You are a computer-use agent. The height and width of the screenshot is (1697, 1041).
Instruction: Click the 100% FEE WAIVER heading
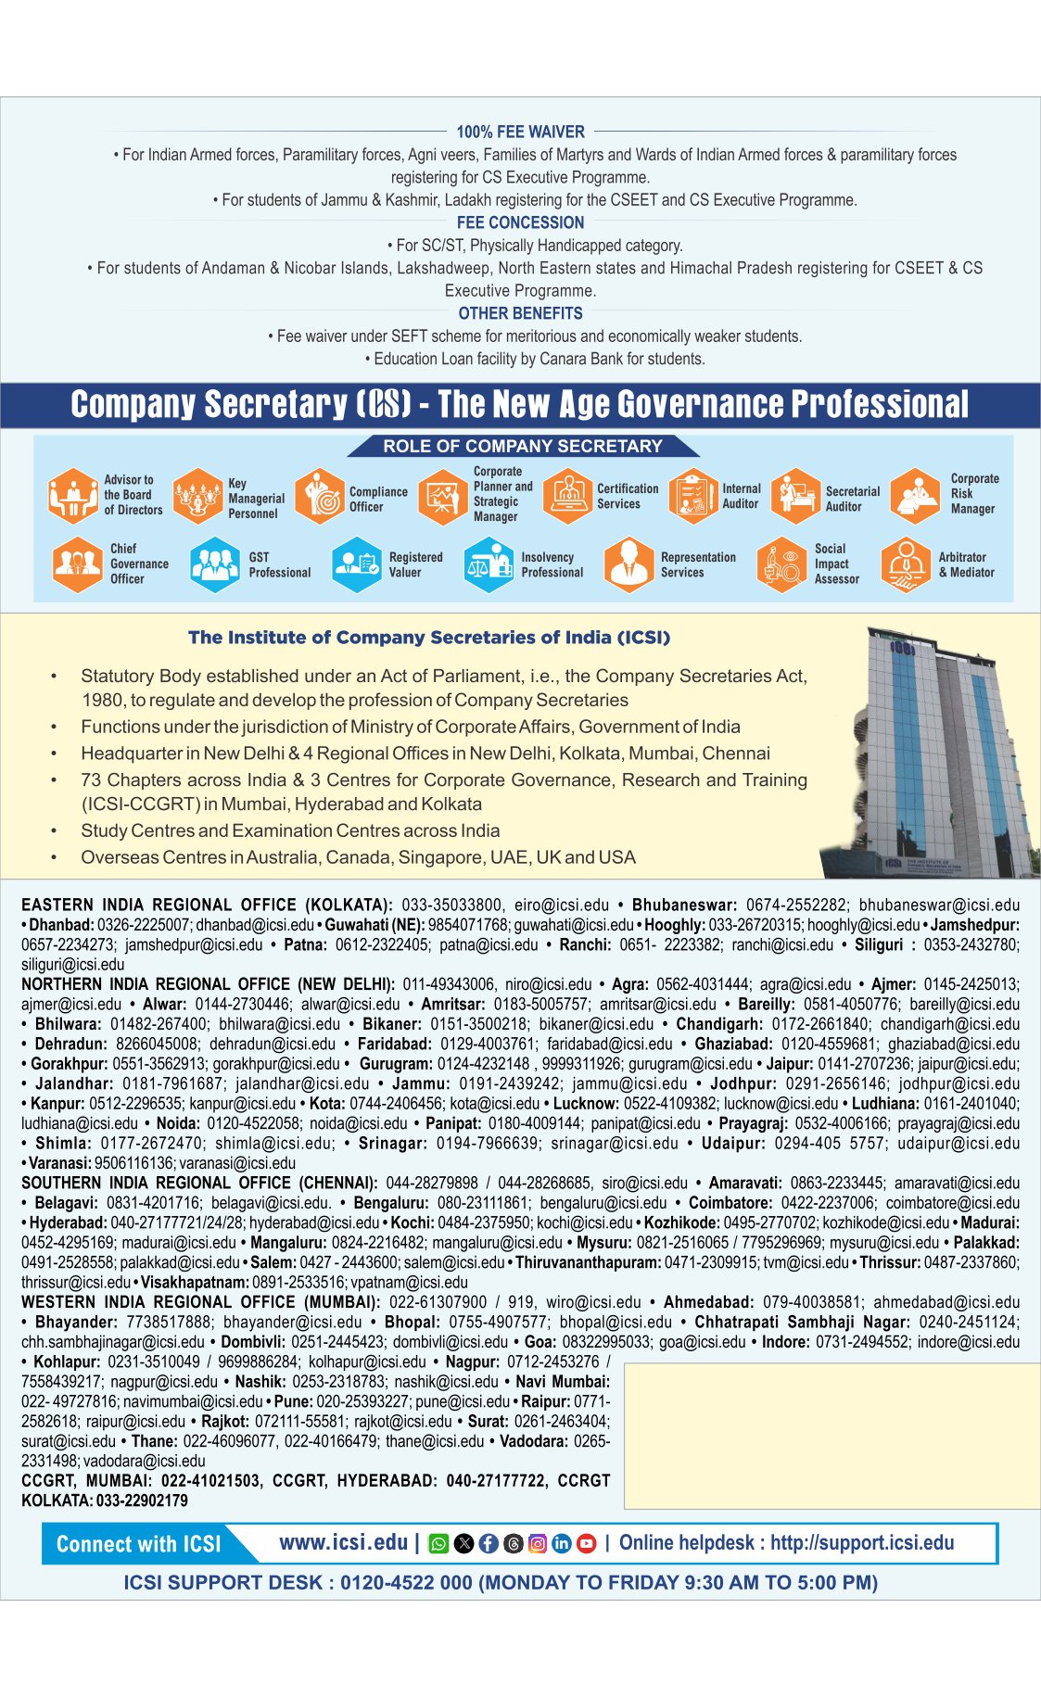pos(520,132)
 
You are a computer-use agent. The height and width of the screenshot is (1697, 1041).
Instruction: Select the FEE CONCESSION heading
pos(520,222)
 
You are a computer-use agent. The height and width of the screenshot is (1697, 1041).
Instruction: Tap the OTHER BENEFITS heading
pos(520,313)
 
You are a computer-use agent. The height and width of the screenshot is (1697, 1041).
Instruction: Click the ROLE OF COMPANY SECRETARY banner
pos(523,446)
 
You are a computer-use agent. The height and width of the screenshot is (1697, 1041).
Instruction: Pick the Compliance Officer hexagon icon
pos(320,496)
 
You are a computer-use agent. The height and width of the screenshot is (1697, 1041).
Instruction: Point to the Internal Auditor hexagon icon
pos(692,496)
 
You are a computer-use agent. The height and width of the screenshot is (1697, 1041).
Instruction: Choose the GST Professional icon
pos(215,564)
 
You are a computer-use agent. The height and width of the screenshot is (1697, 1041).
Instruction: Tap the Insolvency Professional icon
pos(489,564)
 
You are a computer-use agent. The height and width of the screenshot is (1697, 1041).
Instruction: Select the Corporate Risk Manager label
pos(973,494)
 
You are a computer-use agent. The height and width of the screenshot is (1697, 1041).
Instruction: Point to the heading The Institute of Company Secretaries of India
pos(428,638)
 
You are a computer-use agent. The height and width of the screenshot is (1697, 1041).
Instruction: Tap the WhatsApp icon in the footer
pos(438,1543)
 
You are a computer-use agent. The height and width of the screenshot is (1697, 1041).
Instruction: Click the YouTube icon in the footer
pos(586,1543)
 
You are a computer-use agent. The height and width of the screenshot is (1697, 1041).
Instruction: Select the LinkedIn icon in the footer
pos(562,1543)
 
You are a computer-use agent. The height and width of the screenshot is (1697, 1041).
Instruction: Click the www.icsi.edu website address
pos(343,1542)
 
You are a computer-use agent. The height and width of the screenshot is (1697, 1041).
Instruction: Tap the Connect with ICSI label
pos(139,1544)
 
